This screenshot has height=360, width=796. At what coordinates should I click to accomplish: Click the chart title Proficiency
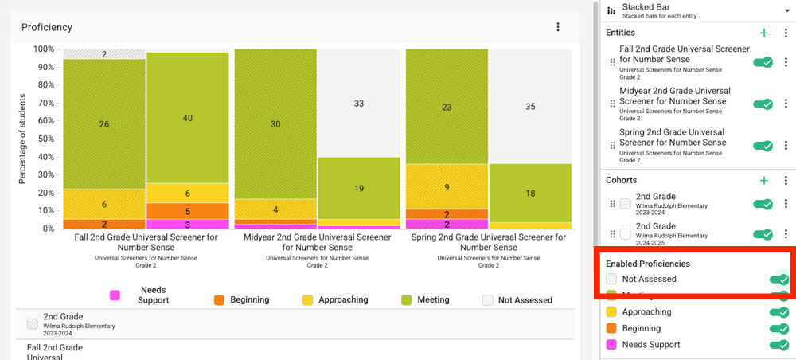47,27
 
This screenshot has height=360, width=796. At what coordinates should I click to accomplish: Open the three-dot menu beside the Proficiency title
558,27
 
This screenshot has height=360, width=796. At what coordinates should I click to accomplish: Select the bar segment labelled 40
187,118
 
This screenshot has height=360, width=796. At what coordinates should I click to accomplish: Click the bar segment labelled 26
104,123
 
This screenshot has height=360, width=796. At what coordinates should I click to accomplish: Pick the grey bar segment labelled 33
358,104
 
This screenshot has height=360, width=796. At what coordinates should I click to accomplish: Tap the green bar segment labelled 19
358,188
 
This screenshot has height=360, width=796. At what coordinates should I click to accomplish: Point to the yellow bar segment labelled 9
447,187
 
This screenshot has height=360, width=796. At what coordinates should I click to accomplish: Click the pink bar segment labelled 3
187,224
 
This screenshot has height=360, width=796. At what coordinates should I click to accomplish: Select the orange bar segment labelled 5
187,211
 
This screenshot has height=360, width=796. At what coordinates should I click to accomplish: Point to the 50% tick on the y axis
44,139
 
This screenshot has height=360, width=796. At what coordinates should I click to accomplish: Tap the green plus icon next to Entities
764,33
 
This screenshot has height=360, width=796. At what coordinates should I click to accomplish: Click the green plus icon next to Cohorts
764,181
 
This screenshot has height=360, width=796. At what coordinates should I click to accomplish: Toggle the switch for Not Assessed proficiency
778,280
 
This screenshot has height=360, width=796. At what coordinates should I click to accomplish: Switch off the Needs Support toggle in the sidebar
778,345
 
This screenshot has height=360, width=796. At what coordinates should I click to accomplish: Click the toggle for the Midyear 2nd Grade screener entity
763,104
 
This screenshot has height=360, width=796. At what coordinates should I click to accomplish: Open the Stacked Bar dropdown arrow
786,10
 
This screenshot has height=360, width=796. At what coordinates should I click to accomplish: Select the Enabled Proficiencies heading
647,264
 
